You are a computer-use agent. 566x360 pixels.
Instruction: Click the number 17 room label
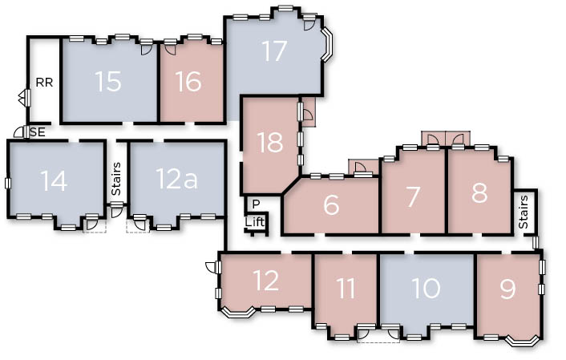coord(274,51)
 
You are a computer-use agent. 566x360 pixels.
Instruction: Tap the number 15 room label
coord(108,81)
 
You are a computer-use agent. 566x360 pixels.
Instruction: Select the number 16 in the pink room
coord(188,81)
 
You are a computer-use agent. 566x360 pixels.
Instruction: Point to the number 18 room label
coord(270,142)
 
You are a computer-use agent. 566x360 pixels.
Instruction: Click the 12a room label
coord(177,178)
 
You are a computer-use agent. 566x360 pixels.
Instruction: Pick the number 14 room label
coord(54,180)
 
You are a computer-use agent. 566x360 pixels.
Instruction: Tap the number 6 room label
coord(331,204)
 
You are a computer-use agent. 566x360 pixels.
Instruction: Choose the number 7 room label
coord(413,196)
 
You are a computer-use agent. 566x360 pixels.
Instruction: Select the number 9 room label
coord(507,289)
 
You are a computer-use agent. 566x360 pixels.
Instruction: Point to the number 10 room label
coord(426,288)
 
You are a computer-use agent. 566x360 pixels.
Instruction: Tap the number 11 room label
coord(346,288)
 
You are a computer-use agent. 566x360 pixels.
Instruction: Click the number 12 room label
coord(266,280)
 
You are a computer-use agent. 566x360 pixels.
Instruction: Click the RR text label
coord(44,83)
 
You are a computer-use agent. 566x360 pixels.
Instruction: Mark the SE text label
coord(38,132)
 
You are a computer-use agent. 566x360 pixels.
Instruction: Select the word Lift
coord(255,222)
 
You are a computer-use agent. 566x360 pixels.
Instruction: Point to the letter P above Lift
coord(256,204)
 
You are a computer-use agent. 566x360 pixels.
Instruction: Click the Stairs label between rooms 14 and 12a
coord(116,179)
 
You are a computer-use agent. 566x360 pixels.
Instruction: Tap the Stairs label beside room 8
coord(524,212)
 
